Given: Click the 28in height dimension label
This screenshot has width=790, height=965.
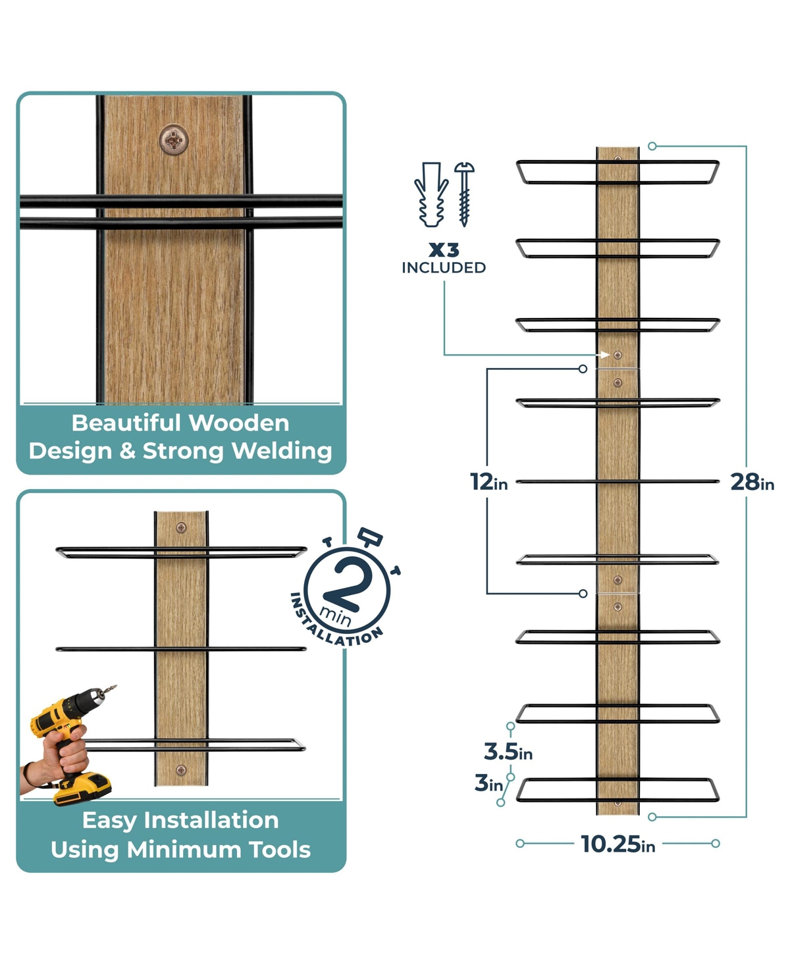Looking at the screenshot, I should pos(751,482).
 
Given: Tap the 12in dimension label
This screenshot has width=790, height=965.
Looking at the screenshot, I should pos(488,482).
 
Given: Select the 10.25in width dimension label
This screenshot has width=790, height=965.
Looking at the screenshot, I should pos(618,844).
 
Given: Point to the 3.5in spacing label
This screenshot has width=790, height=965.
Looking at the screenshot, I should pos(508,752).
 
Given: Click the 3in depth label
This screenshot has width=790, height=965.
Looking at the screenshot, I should pos(488,783).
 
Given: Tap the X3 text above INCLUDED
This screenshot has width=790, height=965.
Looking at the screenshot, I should pos(444,250).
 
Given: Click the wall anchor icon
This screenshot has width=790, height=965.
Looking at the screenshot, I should pos(431,194).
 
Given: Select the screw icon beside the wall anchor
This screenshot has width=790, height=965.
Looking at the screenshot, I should pos(464,194).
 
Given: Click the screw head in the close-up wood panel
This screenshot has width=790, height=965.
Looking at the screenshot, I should pos(174,140).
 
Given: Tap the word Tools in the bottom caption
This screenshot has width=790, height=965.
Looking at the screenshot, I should pos(280,850).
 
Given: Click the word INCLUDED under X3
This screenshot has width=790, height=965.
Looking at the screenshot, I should pos(444,268).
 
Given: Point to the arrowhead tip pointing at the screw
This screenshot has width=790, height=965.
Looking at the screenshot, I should pos(610,355).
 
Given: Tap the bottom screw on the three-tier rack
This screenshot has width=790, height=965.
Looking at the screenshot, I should pos(181,770).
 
